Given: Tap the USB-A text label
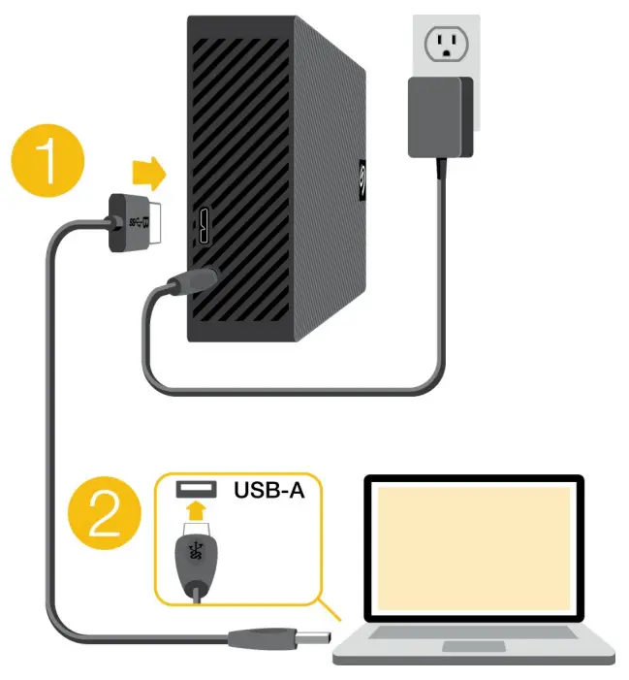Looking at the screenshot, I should pyautogui.click(x=268, y=490).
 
